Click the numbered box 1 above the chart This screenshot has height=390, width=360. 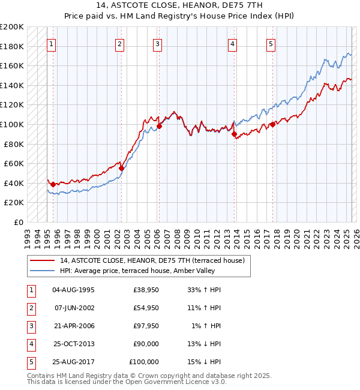pos(51,44)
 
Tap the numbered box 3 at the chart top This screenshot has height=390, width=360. pos(157,44)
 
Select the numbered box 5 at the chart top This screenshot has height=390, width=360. pos(271,44)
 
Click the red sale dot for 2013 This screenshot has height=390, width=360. pos(234,134)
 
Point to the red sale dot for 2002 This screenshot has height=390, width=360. pos(121,169)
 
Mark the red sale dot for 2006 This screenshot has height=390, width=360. pos(160,126)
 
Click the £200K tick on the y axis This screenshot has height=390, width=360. pos(13,27)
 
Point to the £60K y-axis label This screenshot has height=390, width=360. pos(14,163)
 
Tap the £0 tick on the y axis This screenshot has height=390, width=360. pos(19,222)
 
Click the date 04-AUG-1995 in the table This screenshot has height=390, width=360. pos(74,290)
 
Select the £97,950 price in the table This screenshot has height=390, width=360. pos(146,326)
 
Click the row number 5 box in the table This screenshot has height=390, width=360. pos(30,362)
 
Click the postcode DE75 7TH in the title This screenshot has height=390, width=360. pos(216,5)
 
